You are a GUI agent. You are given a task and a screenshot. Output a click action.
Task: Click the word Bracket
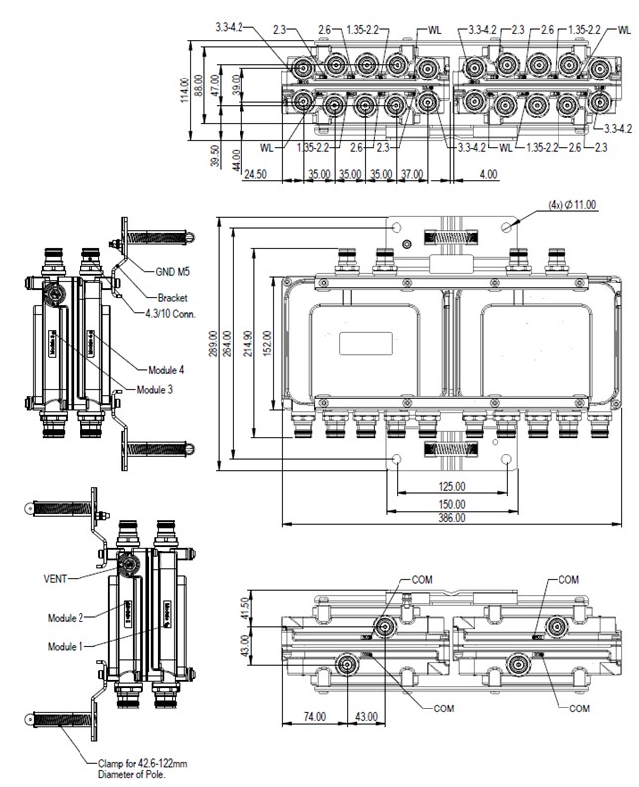(x=172, y=297)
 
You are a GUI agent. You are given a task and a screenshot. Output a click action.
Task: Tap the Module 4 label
(x=166, y=369)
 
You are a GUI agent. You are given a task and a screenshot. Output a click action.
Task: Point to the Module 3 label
(x=155, y=389)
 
